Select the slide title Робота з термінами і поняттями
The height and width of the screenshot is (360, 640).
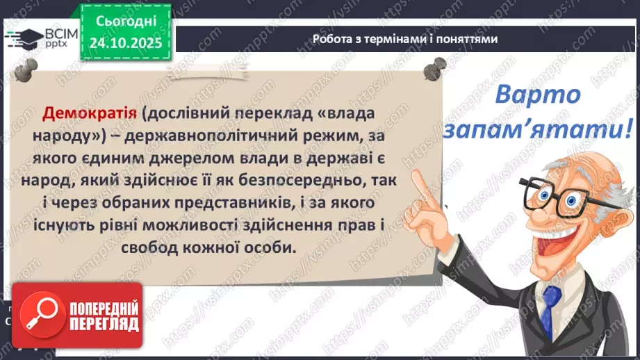(405, 39)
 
